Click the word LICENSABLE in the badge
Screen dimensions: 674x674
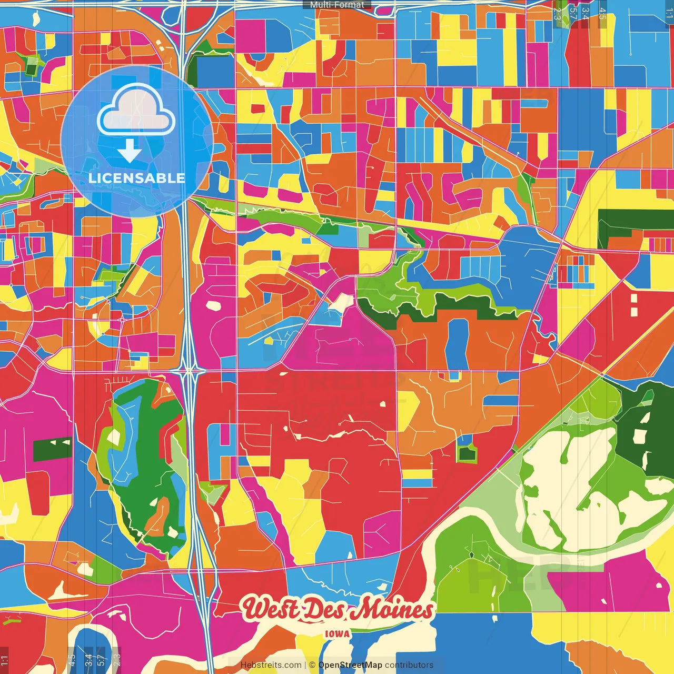(137, 178)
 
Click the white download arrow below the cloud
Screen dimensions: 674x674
(130, 151)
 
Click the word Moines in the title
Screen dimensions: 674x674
(392, 609)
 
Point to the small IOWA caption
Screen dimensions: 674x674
(337, 634)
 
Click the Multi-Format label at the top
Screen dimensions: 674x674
(337, 5)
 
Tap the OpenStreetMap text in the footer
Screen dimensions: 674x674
(350, 665)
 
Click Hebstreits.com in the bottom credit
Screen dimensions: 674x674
(271, 665)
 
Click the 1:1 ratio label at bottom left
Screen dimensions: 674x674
(5, 660)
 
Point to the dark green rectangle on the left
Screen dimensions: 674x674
(52, 448)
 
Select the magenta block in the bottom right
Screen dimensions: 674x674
(606, 584)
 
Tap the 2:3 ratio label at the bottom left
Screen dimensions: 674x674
(117, 660)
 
